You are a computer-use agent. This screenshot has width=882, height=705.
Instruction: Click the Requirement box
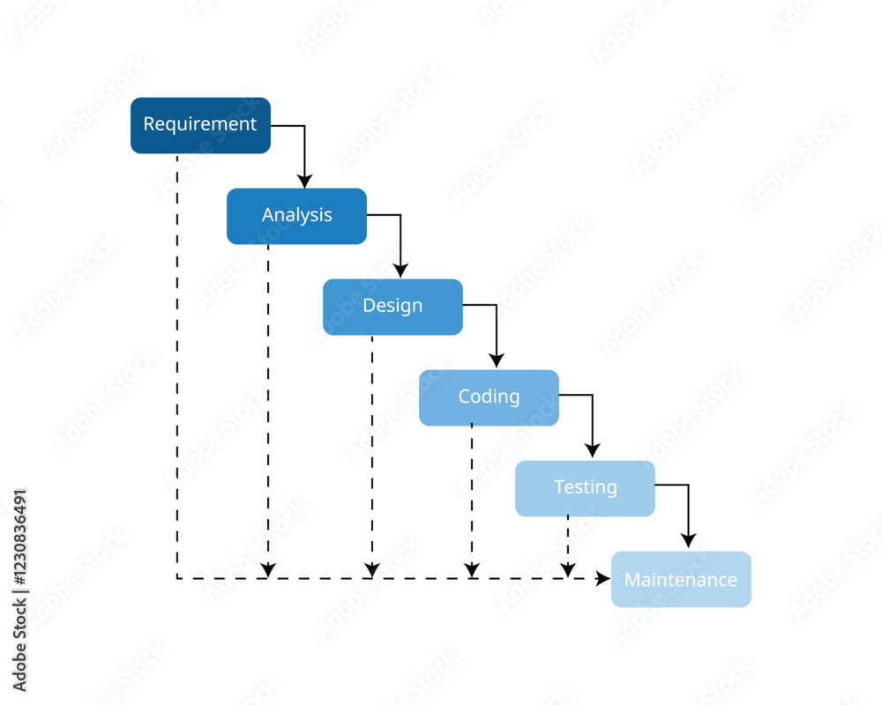[200, 125]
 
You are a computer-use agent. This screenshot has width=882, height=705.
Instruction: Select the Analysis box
[296, 216]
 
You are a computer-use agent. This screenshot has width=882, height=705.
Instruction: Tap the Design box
[392, 307]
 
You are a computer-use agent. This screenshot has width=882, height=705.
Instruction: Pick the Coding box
[489, 397]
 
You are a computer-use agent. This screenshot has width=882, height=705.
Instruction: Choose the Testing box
[585, 488]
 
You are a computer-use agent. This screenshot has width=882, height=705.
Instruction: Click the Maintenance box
[681, 579]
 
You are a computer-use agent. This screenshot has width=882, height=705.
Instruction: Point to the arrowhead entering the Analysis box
[304, 181]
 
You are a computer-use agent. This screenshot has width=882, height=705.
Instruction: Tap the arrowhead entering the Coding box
[497, 361]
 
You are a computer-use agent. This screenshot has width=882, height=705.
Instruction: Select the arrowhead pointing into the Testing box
[593, 452]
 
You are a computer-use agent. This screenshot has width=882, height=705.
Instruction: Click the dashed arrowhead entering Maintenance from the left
[603, 578]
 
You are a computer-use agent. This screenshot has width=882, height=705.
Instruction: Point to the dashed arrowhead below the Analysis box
[268, 570]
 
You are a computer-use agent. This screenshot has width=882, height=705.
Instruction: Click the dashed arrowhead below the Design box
[372, 570]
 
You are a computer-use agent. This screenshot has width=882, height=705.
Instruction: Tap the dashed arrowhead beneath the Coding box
[472, 570]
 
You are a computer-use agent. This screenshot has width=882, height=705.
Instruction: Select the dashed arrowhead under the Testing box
[568, 570]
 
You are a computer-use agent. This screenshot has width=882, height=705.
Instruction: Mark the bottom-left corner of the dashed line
[177, 578]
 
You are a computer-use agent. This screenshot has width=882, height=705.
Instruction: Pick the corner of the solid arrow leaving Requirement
[304, 126]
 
